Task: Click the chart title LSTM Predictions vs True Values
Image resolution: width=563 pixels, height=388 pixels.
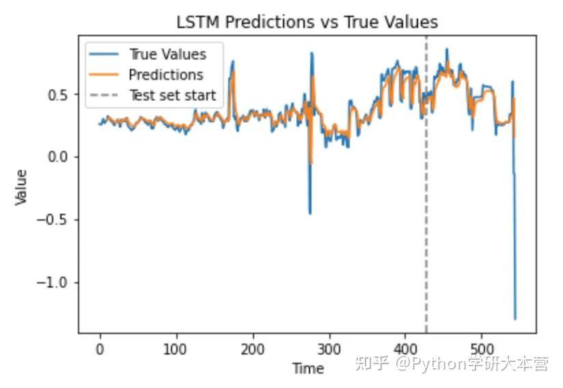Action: click(307, 22)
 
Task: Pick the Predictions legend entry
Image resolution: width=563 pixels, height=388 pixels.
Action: click(165, 75)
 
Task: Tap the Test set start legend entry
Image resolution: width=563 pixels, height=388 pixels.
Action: click(172, 96)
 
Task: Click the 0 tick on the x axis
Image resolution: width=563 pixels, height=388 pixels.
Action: click(100, 347)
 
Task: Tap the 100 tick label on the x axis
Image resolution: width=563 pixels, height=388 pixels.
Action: click(176, 347)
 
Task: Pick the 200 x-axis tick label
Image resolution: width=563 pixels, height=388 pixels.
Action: click(253, 347)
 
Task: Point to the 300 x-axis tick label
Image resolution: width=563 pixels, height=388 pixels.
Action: click(329, 347)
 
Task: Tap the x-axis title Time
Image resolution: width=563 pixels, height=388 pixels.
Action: click(307, 369)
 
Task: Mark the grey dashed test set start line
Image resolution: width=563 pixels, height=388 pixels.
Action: click(426, 205)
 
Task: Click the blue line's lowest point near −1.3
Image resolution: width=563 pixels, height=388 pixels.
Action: click(515, 319)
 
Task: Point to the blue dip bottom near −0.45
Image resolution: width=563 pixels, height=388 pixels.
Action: click(310, 213)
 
